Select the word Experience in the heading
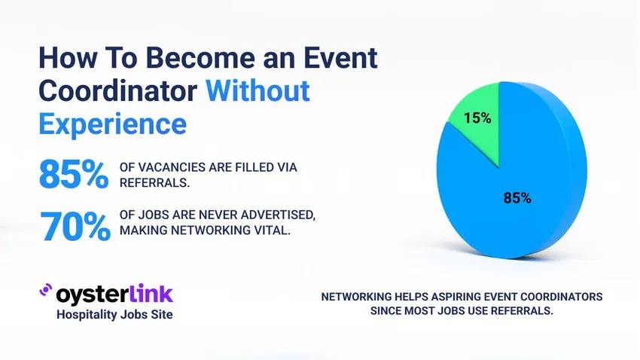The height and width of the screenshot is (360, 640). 112,122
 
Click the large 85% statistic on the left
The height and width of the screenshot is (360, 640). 73,175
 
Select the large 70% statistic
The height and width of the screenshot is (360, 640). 75,224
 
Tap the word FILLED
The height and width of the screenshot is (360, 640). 242,167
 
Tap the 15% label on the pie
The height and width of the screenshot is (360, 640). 477,118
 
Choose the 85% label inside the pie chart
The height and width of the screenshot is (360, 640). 517,199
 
